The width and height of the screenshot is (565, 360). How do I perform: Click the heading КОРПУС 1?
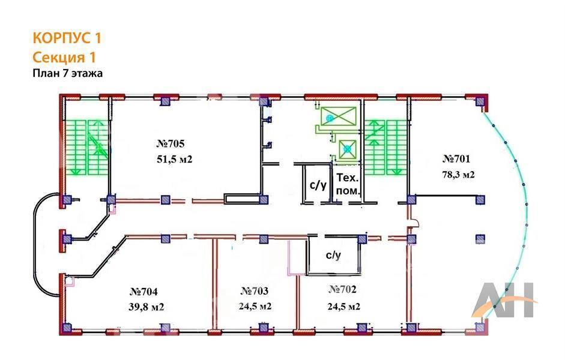point(67,38)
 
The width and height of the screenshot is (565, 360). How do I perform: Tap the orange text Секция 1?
point(64,57)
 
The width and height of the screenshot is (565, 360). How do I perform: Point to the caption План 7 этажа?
point(68,73)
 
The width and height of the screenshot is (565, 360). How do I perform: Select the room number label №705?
point(171,143)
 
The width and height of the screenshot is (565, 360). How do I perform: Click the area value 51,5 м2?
point(174,159)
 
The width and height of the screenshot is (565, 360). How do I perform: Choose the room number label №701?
point(456,158)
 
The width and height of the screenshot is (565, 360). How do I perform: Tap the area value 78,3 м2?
point(458,175)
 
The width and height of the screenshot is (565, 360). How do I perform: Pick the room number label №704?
point(144,291)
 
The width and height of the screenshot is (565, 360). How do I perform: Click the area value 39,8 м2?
point(147,307)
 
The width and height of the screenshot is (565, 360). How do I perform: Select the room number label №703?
point(255,290)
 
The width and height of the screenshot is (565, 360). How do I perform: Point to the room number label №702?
point(342,289)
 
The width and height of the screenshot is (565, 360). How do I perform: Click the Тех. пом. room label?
point(348,184)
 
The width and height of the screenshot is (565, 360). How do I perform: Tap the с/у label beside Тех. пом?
point(318,185)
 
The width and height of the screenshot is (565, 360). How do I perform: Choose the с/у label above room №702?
point(333,255)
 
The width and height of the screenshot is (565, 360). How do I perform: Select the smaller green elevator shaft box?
point(348,149)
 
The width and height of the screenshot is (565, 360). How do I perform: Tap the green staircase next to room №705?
point(87,148)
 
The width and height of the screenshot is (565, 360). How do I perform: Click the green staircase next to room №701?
point(385,148)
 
